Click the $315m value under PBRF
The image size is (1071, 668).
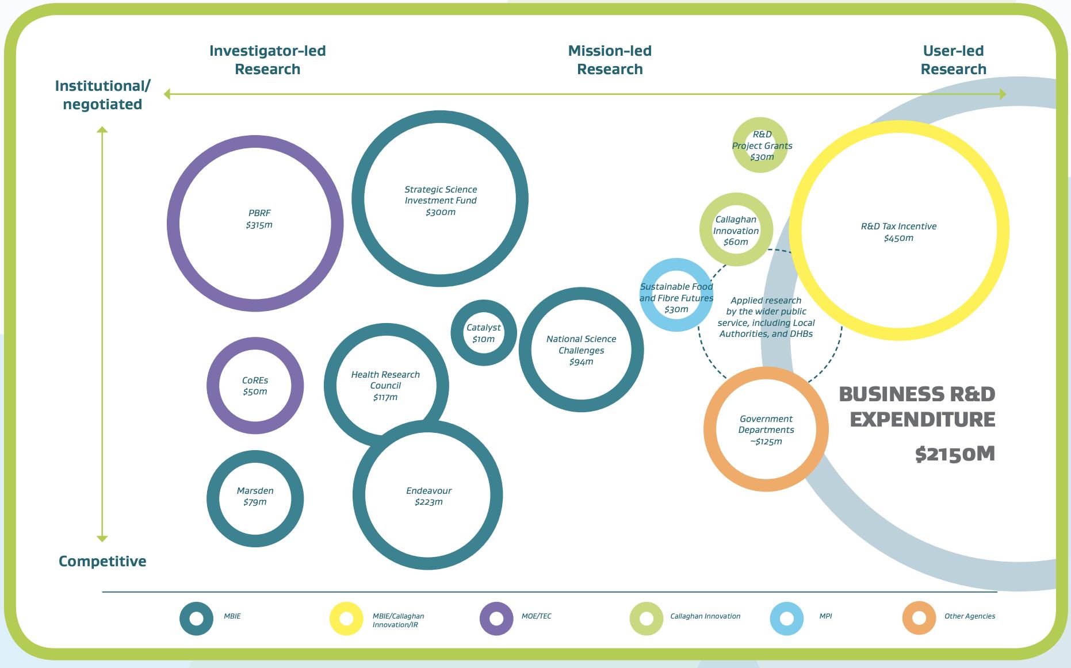(x=259, y=225)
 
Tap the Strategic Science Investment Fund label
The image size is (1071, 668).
(x=441, y=195)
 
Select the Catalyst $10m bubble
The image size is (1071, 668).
(x=483, y=333)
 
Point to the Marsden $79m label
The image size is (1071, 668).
(x=255, y=496)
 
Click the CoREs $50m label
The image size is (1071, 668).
(x=255, y=386)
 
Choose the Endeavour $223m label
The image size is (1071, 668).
(x=429, y=496)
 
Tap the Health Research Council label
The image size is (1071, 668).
(x=385, y=380)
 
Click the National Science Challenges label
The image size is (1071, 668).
(x=581, y=345)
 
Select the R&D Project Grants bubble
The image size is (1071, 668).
(x=762, y=145)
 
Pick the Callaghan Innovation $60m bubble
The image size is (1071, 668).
(x=736, y=231)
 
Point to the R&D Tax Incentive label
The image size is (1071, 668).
(x=898, y=226)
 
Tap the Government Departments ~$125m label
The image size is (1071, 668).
(x=766, y=430)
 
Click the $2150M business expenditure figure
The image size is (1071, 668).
(x=955, y=454)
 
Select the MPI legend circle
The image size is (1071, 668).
(x=786, y=619)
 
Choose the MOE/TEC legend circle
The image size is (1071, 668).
(x=496, y=619)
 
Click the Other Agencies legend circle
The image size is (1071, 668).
(x=919, y=618)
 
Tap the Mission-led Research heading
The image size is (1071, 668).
(x=610, y=60)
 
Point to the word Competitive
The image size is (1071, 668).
(x=102, y=561)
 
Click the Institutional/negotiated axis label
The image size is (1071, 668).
(x=102, y=95)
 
